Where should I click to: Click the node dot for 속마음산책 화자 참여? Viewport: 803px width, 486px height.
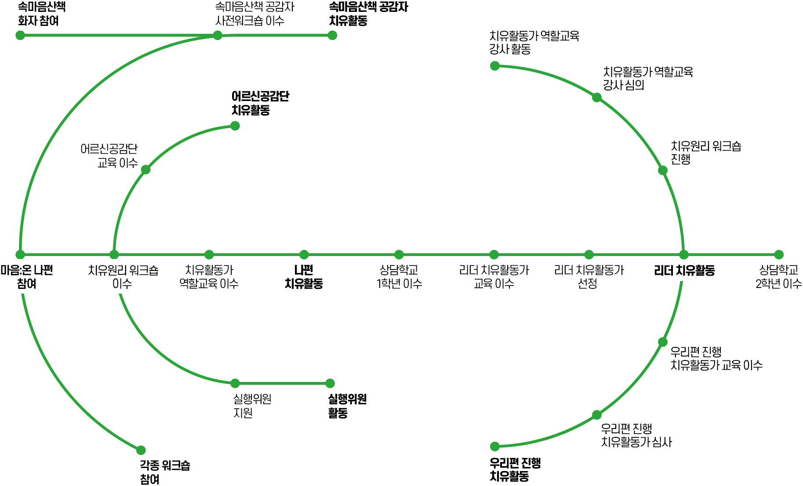point(20,35)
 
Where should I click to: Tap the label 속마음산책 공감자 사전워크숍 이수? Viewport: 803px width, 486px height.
point(254,14)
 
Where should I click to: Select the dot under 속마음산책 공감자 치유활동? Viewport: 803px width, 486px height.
point(332,35)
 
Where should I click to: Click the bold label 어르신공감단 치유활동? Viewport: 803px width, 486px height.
point(260,103)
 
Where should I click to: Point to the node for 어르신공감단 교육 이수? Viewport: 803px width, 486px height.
point(146,169)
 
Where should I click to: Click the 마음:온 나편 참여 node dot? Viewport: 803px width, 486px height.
point(20,255)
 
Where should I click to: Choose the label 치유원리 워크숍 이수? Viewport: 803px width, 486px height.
point(123,277)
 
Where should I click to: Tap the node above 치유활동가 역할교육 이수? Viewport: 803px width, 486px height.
point(209,255)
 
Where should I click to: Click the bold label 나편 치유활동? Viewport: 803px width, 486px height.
point(304,277)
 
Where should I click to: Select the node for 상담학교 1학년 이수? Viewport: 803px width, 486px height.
point(399,255)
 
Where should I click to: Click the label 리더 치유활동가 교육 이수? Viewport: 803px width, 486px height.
point(494,277)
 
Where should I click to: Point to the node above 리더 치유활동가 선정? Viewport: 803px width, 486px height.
point(589,255)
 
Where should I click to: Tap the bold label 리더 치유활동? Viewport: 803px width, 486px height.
point(684,270)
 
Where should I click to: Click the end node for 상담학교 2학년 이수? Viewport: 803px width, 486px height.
point(779,255)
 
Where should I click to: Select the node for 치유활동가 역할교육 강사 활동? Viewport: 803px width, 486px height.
point(495,66)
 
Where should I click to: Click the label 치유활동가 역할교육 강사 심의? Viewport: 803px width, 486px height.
point(647,78)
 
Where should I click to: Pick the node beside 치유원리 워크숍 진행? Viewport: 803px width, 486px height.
point(663,170)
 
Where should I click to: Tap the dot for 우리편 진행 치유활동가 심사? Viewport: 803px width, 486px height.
point(596,415)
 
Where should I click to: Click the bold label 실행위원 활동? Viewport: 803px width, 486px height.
point(347,406)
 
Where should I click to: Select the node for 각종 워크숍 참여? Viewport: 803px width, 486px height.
point(141,450)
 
